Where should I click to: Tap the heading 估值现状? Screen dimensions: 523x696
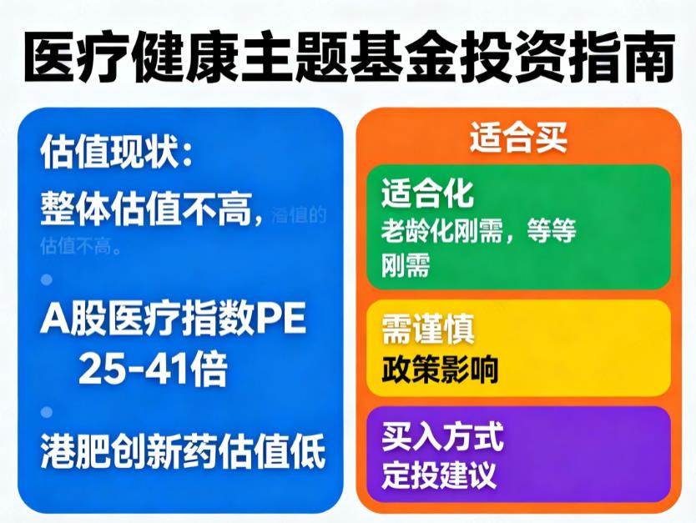[x=117, y=153]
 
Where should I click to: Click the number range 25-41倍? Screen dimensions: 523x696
[x=153, y=368]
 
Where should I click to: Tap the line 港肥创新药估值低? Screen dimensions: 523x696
[x=183, y=455]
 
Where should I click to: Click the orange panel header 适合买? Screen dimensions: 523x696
[x=517, y=138]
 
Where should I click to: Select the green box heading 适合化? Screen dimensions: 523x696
[x=427, y=194]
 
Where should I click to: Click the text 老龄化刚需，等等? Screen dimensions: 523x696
[x=478, y=231]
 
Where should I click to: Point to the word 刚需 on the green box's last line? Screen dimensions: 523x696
[x=406, y=266]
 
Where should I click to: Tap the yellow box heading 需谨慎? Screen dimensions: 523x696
[x=427, y=329]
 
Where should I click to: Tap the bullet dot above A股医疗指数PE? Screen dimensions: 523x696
[x=47, y=278]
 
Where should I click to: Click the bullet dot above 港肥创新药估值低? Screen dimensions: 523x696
[x=47, y=412]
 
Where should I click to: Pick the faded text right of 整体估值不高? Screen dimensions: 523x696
[x=299, y=215]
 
